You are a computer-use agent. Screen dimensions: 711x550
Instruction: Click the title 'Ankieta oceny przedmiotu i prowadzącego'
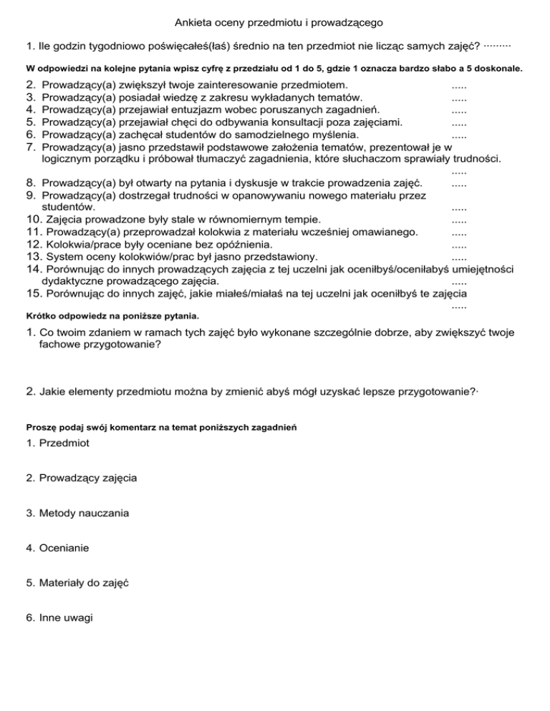275,24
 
